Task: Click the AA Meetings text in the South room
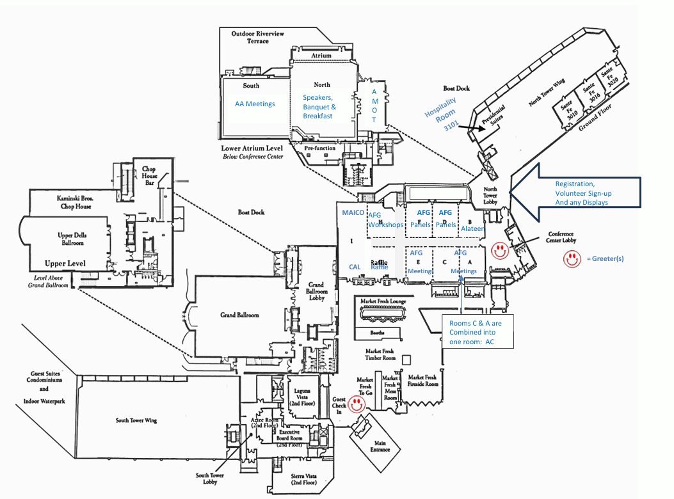coord(255,104)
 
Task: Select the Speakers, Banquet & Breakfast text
coord(319,106)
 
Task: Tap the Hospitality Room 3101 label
coord(442,114)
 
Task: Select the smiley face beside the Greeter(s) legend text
coord(571,258)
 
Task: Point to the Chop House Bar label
coord(148,177)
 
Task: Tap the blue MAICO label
coord(353,212)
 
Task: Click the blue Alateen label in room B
coord(473,228)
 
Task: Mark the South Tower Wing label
coord(136,420)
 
